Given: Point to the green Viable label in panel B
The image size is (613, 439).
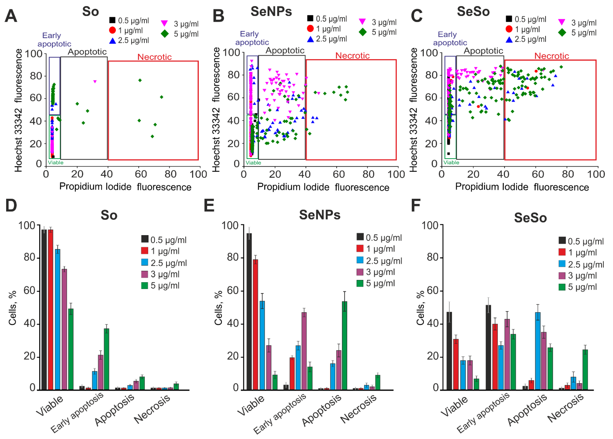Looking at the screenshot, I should tap(253, 163).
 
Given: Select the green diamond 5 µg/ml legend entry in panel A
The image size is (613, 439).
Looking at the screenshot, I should tap(180, 34).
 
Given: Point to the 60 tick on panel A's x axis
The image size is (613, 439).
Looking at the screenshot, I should tap(141, 174).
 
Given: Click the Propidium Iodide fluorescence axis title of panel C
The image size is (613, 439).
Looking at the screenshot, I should tap(522, 187).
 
